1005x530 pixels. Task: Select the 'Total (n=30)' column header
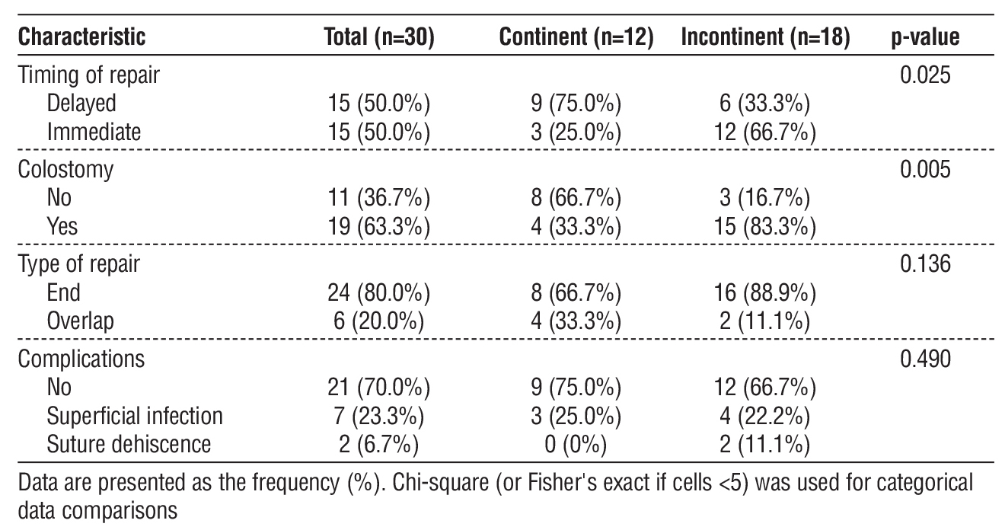(x=379, y=38)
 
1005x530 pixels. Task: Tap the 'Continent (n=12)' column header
(x=576, y=38)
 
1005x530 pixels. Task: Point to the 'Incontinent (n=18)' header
(x=764, y=38)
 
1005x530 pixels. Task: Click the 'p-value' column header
(x=924, y=38)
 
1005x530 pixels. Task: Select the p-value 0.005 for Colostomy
(x=925, y=170)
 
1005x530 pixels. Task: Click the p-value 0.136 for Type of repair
(x=925, y=263)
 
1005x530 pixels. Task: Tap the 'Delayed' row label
(x=81, y=104)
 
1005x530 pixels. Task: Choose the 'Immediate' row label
(x=94, y=132)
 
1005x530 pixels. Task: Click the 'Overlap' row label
(x=80, y=320)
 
